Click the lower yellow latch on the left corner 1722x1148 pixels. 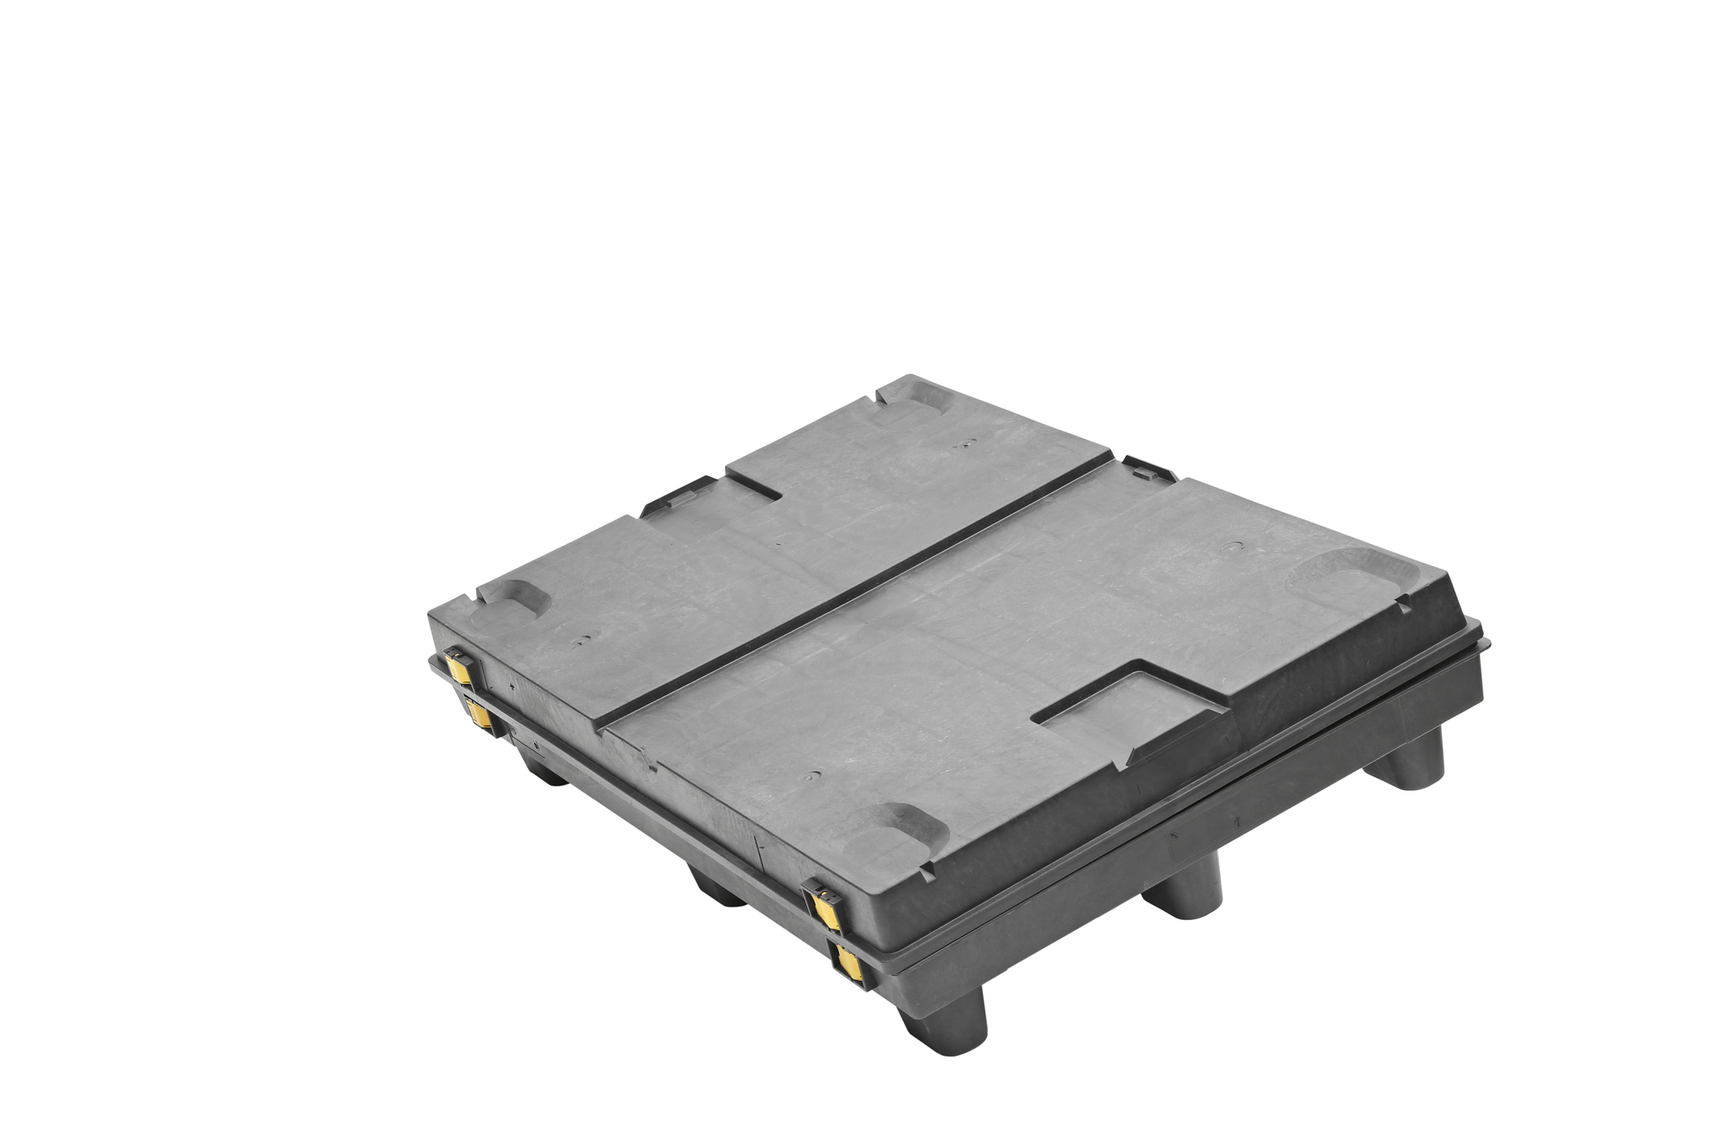pyautogui.click(x=478, y=714)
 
